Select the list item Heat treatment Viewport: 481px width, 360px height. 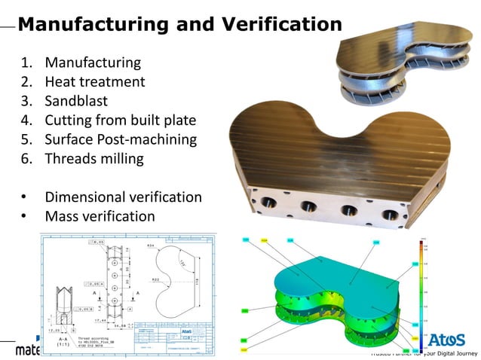94,81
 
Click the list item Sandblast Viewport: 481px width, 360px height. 77,101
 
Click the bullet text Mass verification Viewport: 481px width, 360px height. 100,217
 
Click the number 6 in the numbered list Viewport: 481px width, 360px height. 24,159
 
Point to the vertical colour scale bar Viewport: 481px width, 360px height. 421,290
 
